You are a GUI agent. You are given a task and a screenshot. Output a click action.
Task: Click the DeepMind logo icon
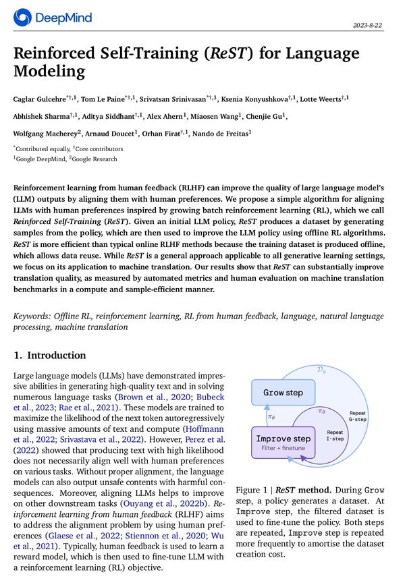(23, 18)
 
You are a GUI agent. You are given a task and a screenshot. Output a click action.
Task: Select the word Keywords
(33, 316)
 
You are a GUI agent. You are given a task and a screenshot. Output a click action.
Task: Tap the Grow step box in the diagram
(283, 393)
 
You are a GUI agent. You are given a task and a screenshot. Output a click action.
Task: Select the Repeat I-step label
(335, 436)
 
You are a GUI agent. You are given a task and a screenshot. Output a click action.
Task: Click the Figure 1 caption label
(253, 489)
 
